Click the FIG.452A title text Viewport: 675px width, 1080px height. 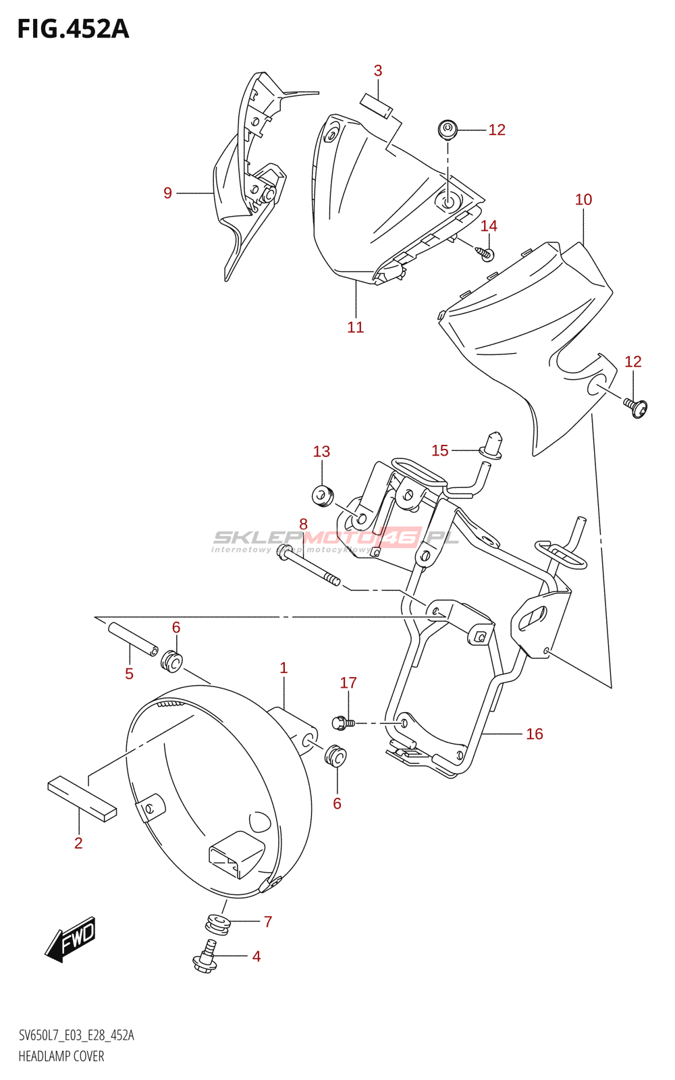pyautogui.click(x=73, y=29)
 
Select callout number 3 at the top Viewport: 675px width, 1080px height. pyautogui.click(x=378, y=71)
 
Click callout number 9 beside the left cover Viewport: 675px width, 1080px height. pyautogui.click(x=168, y=193)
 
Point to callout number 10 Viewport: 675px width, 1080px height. pyautogui.click(x=583, y=200)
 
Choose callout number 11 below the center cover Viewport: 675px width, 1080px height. pyautogui.click(x=355, y=327)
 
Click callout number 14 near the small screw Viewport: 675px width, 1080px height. pyautogui.click(x=489, y=226)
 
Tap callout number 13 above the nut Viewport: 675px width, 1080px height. pyautogui.click(x=321, y=452)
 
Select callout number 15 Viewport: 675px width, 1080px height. pyautogui.click(x=440, y=450)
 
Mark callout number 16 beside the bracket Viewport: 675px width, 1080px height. pyautogui.click(x=534, y=734)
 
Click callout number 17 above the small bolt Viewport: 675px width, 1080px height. pyautogui.click(x=348, y=683)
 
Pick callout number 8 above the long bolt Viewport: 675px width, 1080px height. pyautogui.click(x=303, y=524)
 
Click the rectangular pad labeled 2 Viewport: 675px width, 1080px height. pyautogui.click(x=82, y=799)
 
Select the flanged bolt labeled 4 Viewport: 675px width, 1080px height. pyautogui.click(x=206, y=956)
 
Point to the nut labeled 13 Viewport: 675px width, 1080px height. pyautogui.click(x=323, y=495)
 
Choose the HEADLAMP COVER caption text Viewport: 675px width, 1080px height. pyautogui.click(x=61, y=1056)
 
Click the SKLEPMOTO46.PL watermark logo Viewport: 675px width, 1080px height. pyautogui.click(x=335, y=538)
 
